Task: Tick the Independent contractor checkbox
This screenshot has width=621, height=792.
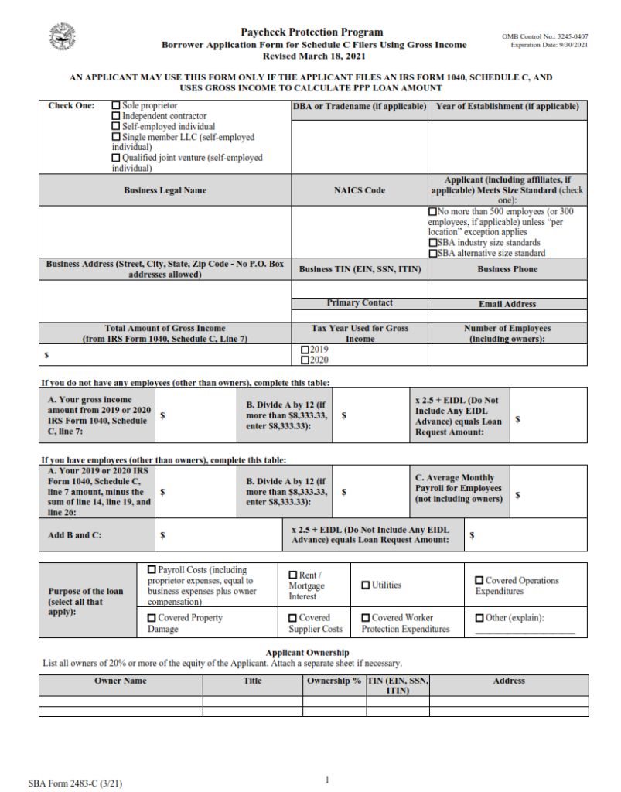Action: [x=116, y=116]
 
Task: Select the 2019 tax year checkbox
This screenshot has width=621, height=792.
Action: [x=304, y=350]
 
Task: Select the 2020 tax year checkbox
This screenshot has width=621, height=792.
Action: [x=304, y=360]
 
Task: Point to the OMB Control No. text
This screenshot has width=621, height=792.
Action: [x=544, y=36]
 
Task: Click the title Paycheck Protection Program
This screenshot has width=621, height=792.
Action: [x=312, y=32]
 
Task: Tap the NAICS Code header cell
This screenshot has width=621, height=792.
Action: [x=360, y=190]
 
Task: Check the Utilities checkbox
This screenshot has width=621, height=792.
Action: [x=366, y=585]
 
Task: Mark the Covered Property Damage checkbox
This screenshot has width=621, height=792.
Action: [x=152, y=618]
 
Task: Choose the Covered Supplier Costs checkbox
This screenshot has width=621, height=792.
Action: [x=293, y=618]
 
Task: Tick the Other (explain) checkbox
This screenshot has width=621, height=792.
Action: [x=479, y=618]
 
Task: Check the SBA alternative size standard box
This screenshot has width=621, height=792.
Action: [x=432, y=253]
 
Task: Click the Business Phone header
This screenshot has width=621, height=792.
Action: [x=507, y=269]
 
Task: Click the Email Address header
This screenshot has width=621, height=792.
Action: [x=507, y=304]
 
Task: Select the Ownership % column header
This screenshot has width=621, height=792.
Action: [x=334, y=681]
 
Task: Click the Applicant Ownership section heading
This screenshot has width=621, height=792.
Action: [x=307, y=653]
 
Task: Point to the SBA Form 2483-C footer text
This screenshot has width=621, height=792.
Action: [x=74, y=783]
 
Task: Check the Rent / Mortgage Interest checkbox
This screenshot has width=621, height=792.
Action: [x=293, y=575]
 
